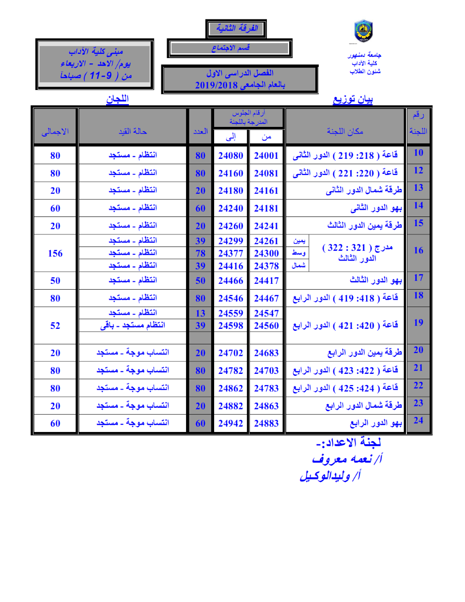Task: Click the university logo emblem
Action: tap(363, 31)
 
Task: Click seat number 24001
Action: tap(266, 155)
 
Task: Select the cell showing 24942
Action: tap(231, 423)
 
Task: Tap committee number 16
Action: tap(418, 250)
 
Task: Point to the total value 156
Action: tap(55, 253)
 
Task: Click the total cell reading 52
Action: tap(55, 325)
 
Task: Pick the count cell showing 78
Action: tap(201, 253)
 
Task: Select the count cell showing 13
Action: tap(201, 313)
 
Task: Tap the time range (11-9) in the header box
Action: tap(101, 76)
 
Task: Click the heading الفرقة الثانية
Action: tap(236, 29)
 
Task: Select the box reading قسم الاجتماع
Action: tap(230, 48)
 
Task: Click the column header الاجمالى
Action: tap(55, 132)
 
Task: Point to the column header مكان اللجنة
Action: tap(345, 131)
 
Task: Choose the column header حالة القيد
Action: tap(133, 131)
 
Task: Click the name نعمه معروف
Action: tap(345, 459)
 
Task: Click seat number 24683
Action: tap(266, 353)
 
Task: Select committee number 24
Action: tap(418, 420)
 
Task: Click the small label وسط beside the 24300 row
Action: tap(299, 253)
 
